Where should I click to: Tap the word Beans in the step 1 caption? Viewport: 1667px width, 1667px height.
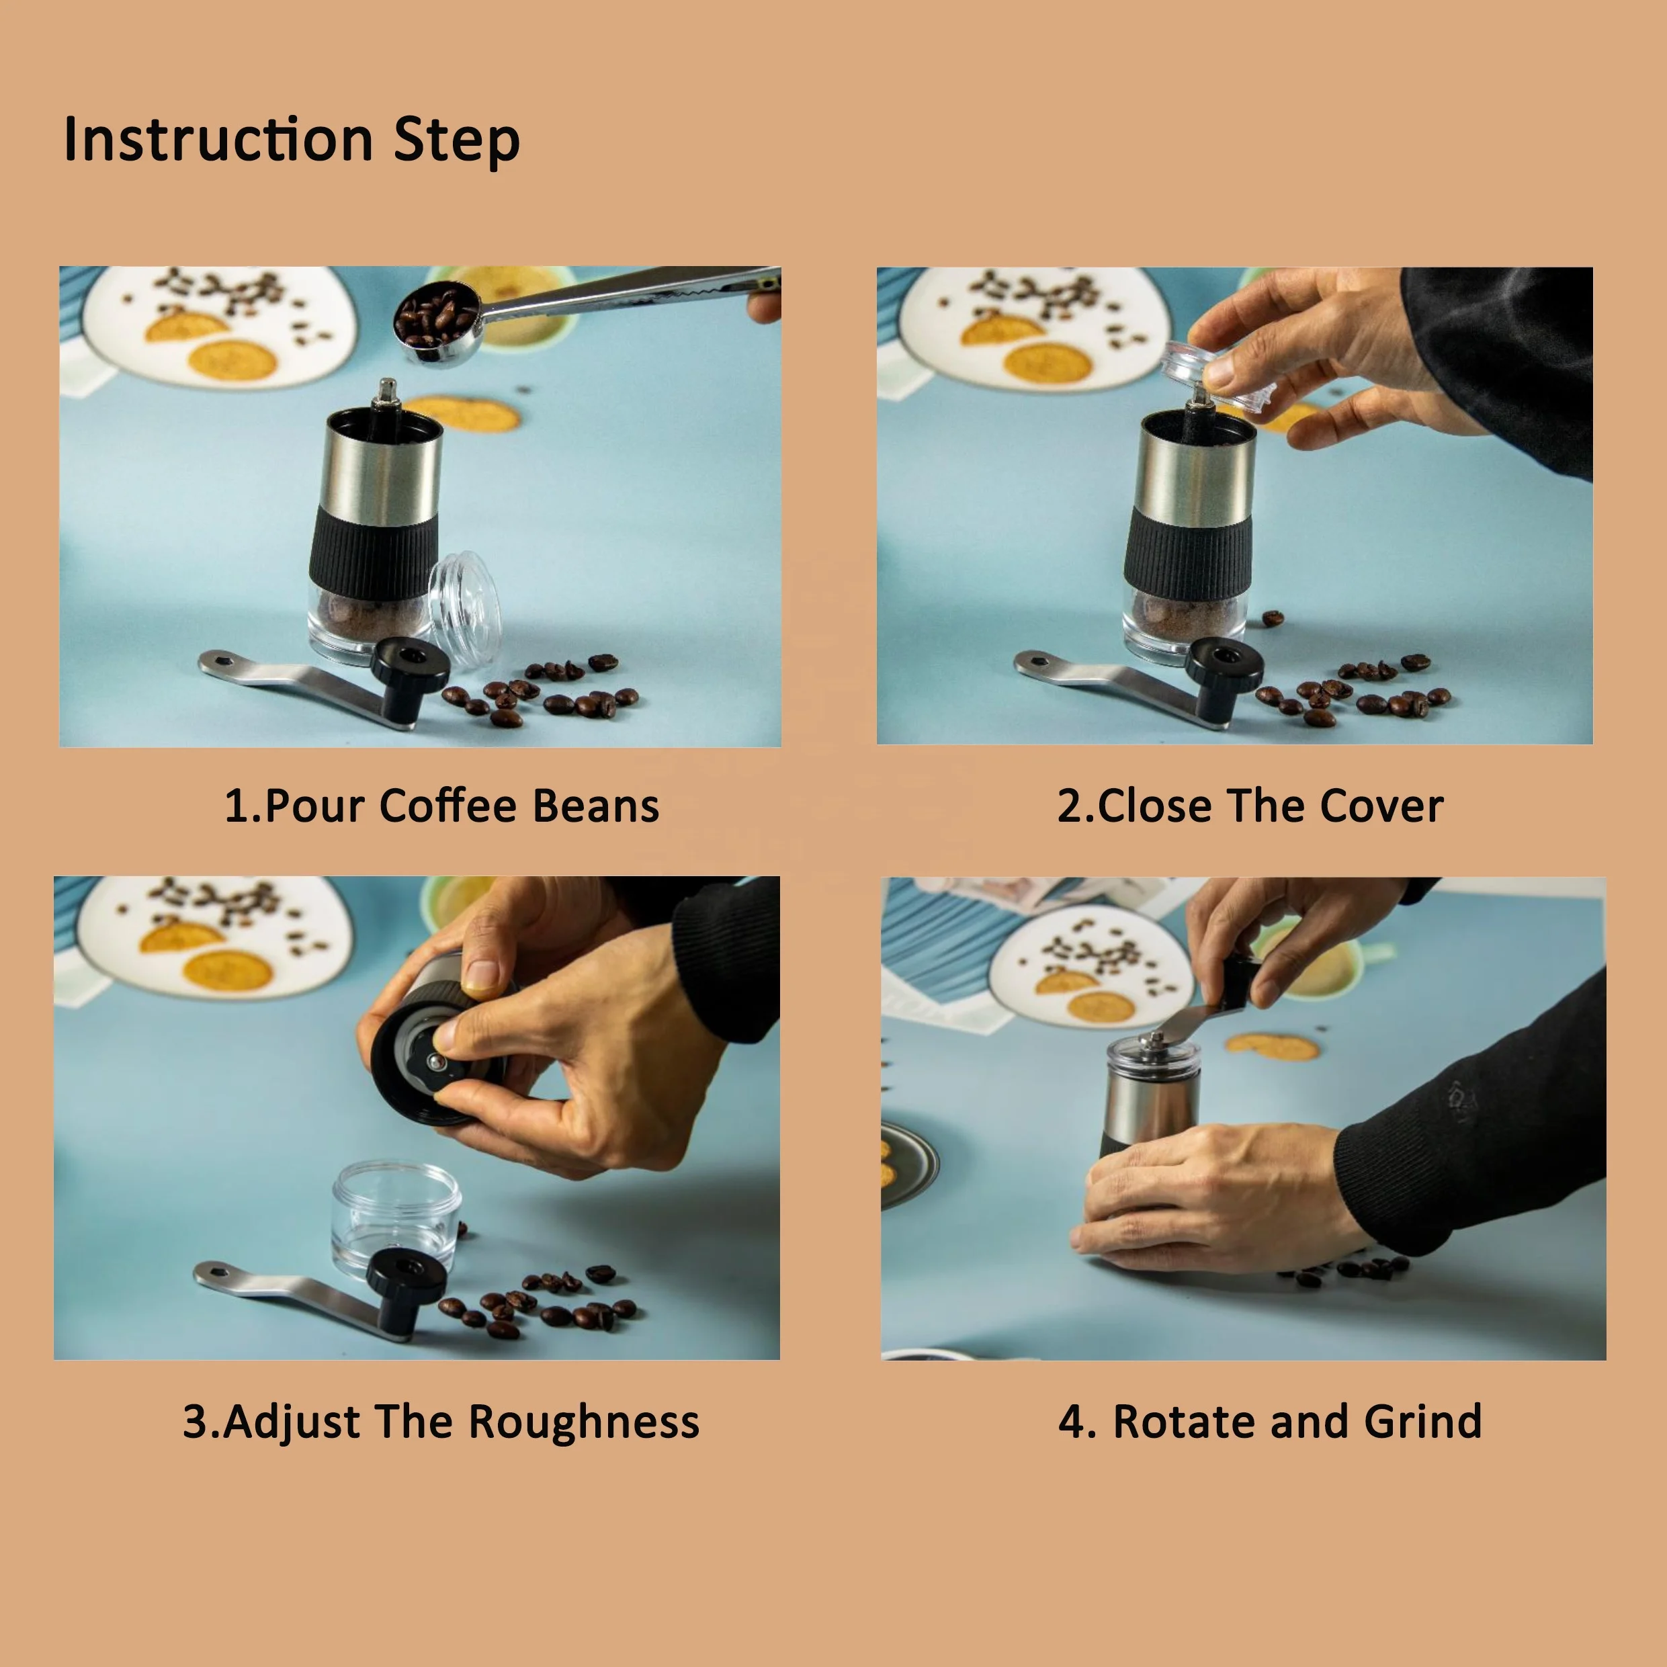click(595, 806)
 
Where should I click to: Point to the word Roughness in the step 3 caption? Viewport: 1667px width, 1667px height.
click(584, 1421)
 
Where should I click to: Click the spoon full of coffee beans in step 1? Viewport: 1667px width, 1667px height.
click(437, 324)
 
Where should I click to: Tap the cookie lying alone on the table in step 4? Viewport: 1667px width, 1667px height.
click(1272, 1047)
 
